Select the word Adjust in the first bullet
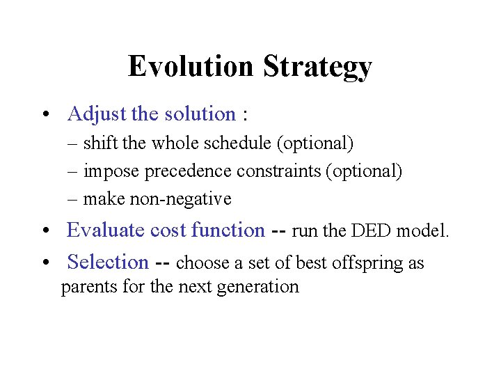coord(93,113)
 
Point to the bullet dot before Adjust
coord(44,115)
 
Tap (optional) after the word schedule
coord(315,143)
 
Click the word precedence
coord(186,171)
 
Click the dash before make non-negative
coord(73,199)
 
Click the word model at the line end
coord(424,231)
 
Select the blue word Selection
coord(108,263)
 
